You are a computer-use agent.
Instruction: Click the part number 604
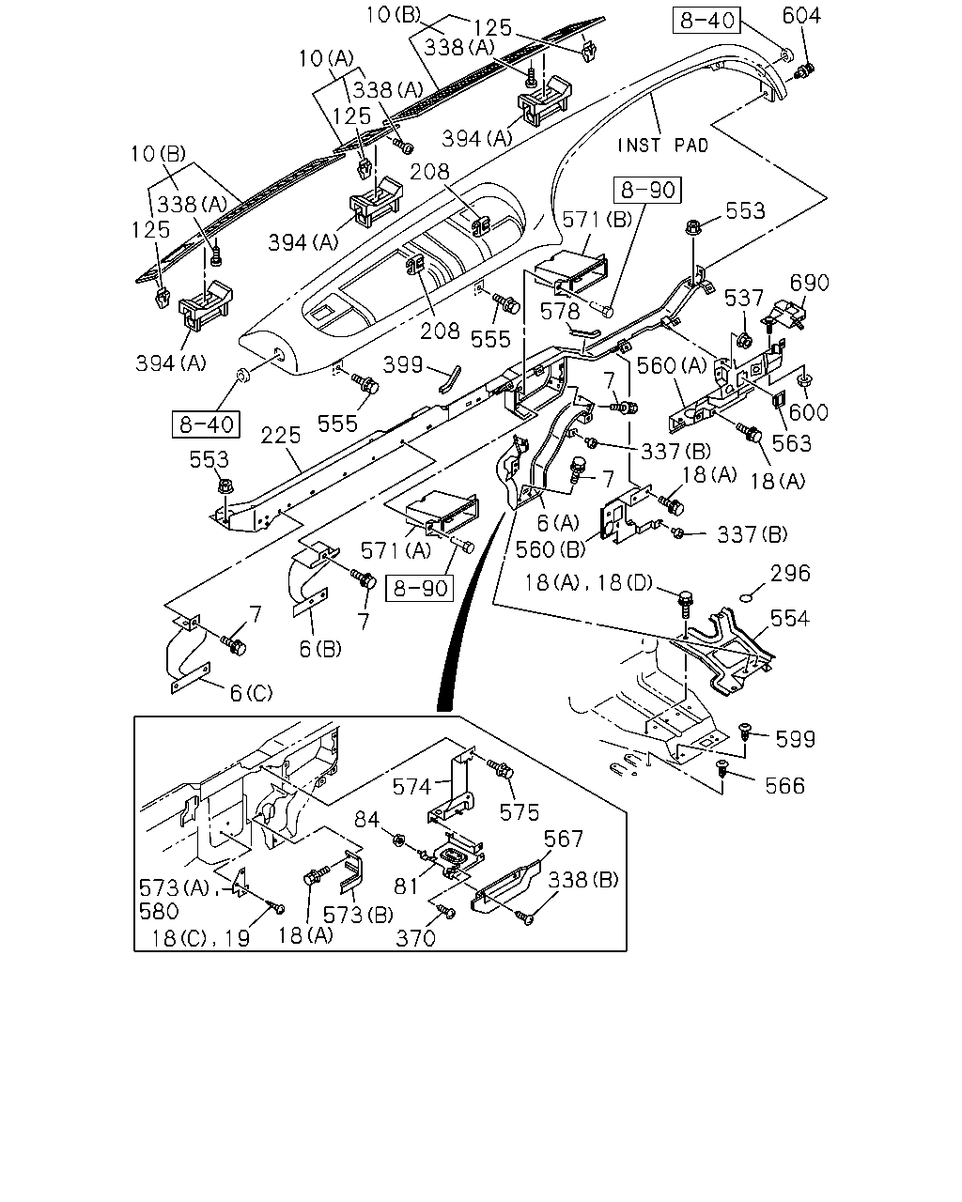(801, 16)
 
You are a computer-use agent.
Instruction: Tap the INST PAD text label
(663, 146)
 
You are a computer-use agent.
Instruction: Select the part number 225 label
(281, 435)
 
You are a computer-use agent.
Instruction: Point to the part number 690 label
(809, 283)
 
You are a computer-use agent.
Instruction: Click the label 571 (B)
(597, 220)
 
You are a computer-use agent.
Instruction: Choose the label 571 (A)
(396, 550)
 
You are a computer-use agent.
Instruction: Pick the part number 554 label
(789, 618)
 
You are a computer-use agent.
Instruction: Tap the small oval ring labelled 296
(746, 599)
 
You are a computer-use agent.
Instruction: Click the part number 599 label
(796, 739)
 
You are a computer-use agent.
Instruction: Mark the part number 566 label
(784, 786)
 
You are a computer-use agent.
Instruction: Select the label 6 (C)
(251, 693)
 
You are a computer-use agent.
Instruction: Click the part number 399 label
(402, 364)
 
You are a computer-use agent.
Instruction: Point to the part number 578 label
(560, 312)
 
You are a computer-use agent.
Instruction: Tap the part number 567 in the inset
(564, 839)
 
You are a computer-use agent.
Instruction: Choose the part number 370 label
(415, 938)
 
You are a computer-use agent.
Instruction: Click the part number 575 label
(520, 812)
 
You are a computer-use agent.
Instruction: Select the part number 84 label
(367, 820)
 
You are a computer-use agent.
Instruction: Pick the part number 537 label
(743, 299)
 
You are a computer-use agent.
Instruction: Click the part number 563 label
(792, 443)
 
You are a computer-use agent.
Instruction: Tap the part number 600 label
(808, 412)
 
